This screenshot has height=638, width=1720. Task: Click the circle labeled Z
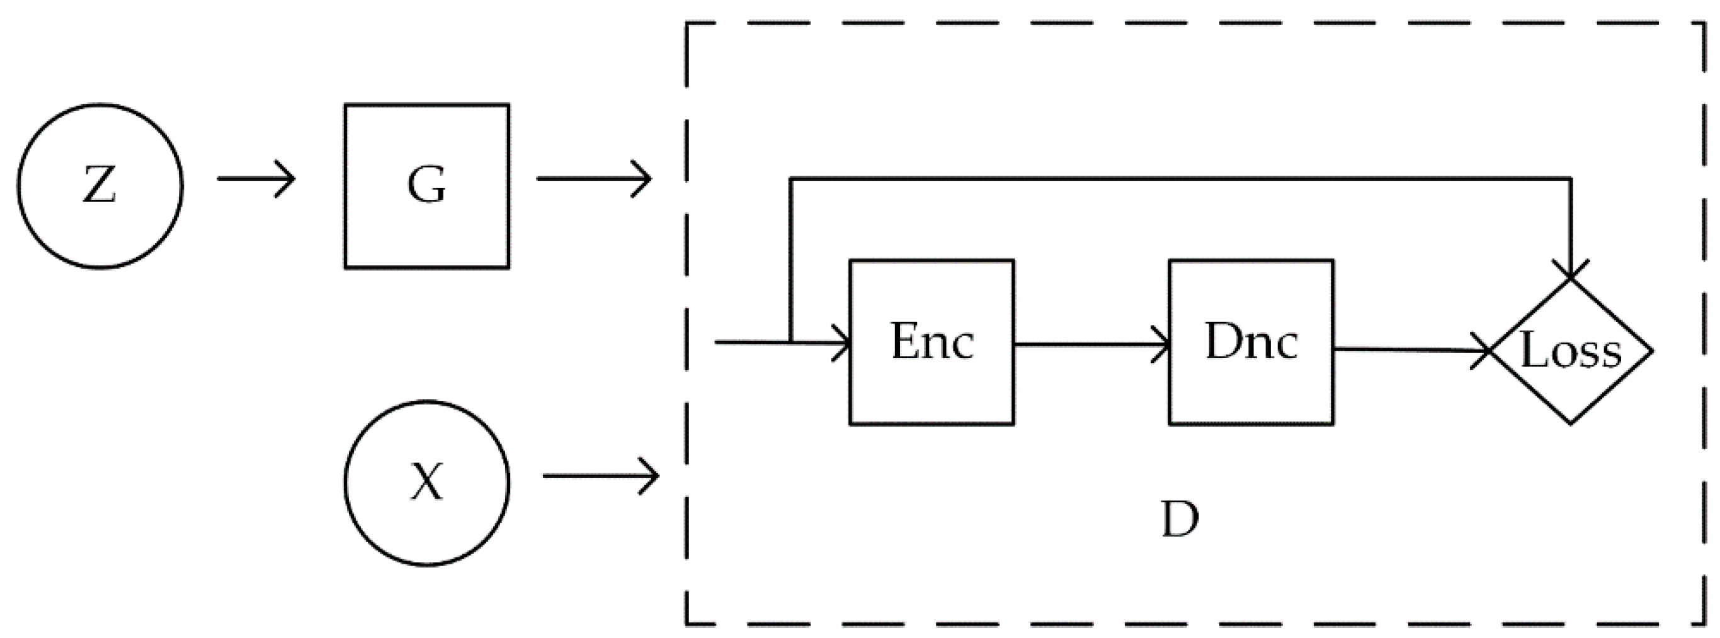click(100, 186)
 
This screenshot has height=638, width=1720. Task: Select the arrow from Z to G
click(256, 179)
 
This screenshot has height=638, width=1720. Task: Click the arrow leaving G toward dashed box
click(595, 179)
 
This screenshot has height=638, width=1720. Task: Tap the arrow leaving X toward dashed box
click(601, 476)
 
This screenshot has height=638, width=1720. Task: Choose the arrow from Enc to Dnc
click(1092, 345)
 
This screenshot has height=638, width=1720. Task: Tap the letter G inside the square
click(426, 185)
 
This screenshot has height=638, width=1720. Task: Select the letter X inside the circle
click(426, 483)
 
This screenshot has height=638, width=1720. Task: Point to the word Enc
click(932, 342)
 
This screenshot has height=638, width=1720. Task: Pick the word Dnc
click(1251, 342)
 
